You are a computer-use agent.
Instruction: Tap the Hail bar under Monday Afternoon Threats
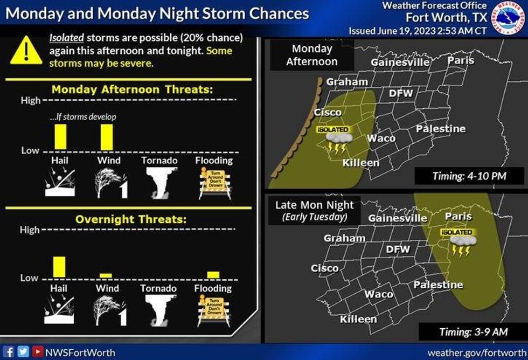pos(60,137)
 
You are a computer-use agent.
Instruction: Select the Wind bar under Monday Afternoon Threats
pos(106,137)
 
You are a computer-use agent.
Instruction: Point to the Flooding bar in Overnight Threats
pos(213,274)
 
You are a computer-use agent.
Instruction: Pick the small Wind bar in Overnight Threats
pos(106,275)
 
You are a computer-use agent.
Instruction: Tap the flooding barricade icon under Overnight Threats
pos(214,311)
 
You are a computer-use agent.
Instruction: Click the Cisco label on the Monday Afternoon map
pos(328,112)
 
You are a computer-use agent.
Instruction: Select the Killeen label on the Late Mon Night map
pos(358,319)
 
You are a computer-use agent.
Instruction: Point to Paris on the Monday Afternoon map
pos(461,60)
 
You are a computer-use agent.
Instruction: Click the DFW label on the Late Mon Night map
pos(398,250)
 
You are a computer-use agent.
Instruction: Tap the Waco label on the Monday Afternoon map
pos(381,139)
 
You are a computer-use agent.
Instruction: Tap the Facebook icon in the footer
pos(10,352)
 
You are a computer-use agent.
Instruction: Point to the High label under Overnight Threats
pos(30,230)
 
